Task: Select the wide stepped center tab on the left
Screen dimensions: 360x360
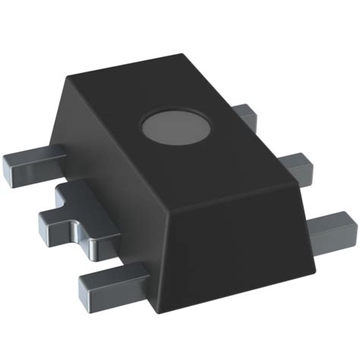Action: (x=76, y=220)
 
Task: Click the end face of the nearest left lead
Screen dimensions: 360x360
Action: (x=90, y=286)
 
